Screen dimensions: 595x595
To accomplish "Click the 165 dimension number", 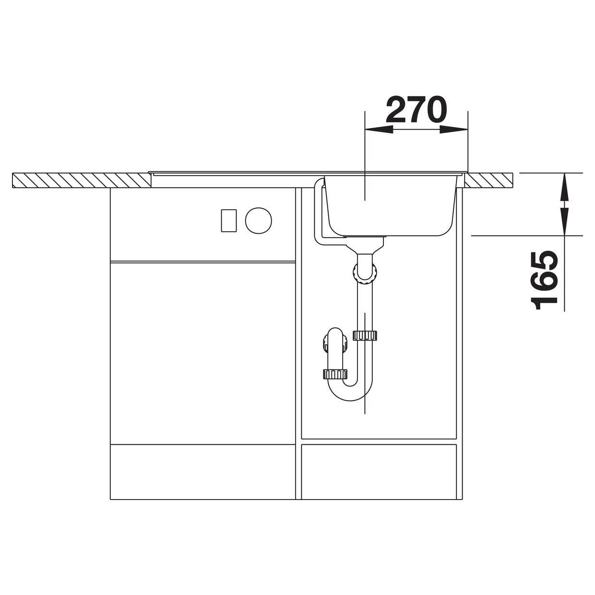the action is coord(543,281).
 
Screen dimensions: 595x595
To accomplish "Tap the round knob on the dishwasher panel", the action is coord(259,220).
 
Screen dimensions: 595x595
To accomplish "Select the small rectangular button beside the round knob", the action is coord(229,220).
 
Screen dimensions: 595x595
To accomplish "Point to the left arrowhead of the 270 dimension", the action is coord(379,130).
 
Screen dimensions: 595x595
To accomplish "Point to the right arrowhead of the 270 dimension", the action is coord(454,130).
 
